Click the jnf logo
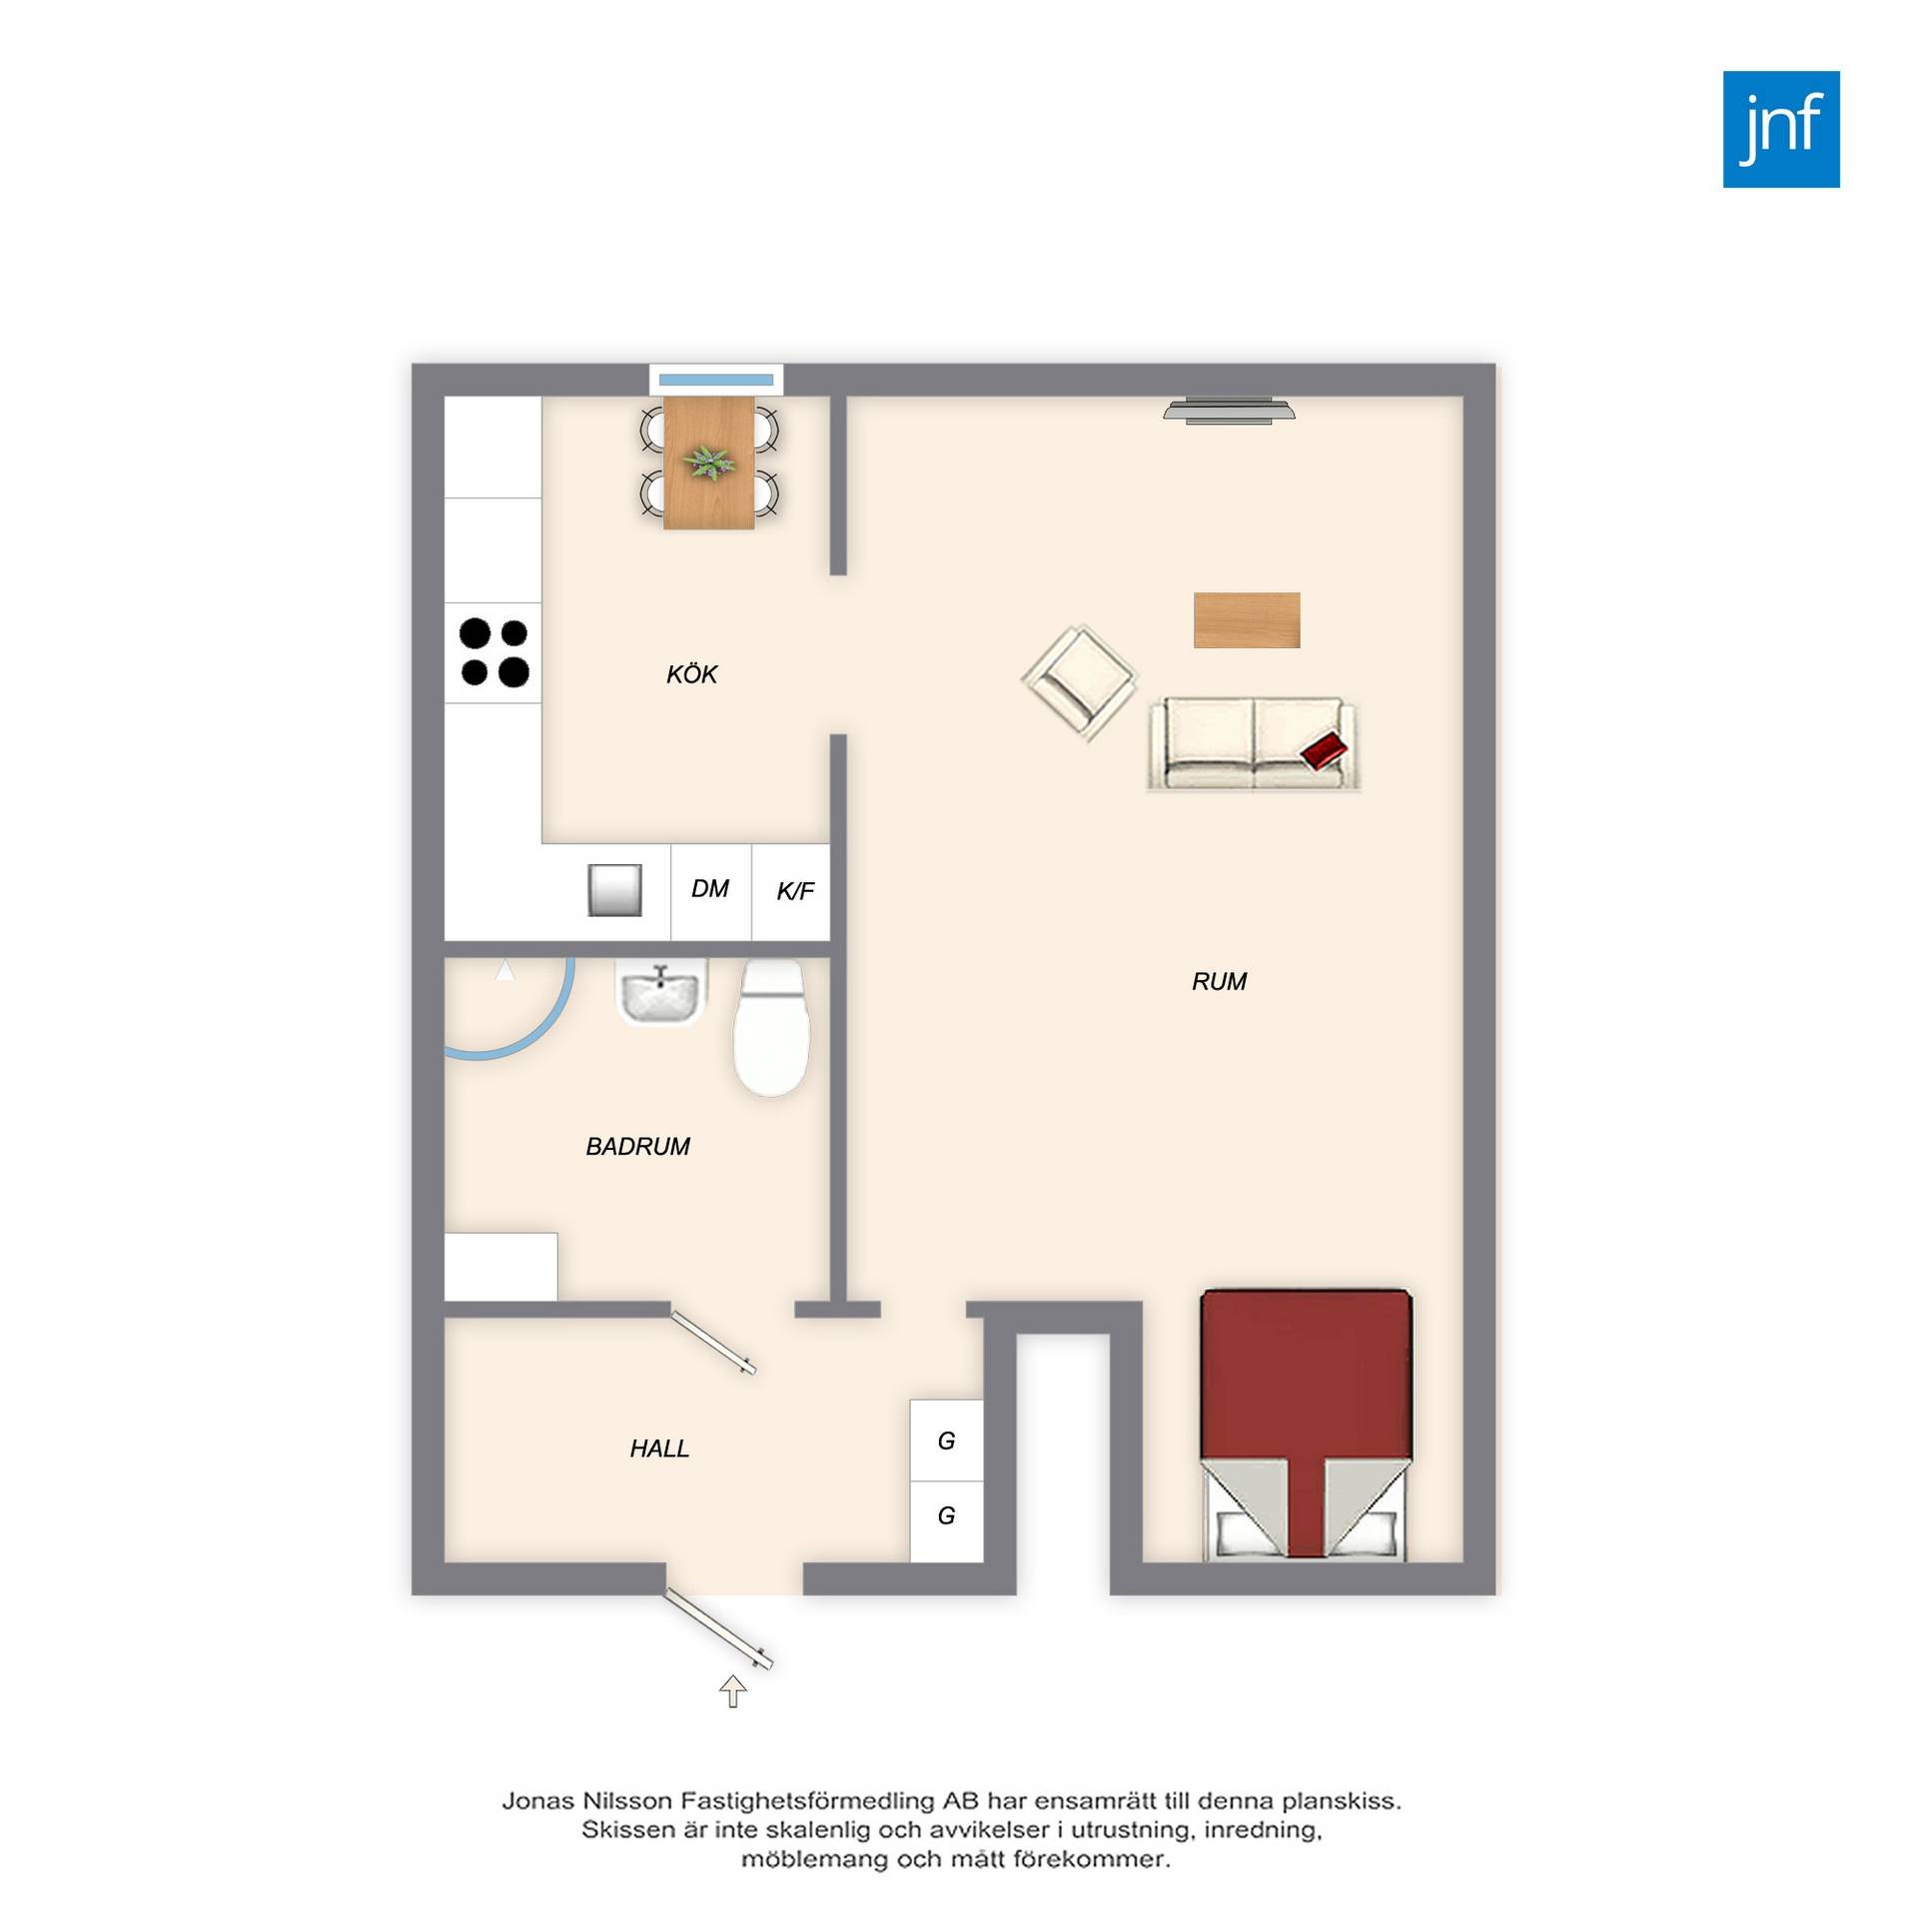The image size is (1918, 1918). pos(1781,129)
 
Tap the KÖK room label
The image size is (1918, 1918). pos(691,674)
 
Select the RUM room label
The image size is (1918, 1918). pos(1219,982)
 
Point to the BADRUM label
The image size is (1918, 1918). pos(637,1147)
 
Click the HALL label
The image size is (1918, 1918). pos(659,1448)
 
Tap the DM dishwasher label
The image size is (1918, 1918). pos(710,888)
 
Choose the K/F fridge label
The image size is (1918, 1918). pos(795,891)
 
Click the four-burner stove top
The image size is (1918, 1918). pos(493,652)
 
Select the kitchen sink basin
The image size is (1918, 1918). pos(614,890)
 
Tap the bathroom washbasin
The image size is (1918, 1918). pos(659,994)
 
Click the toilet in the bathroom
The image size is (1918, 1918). pos(771,1027)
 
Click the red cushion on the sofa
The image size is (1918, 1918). pos(1326,749)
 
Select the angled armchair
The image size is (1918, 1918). pos(1080,683)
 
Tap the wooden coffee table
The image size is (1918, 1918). pos(1247,620)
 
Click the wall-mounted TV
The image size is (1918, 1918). pos(1229,410)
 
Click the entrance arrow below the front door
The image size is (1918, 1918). pos(733,1691)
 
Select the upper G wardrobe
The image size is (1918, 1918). pos(947,1440)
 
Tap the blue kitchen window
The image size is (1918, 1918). pos(716,380)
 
